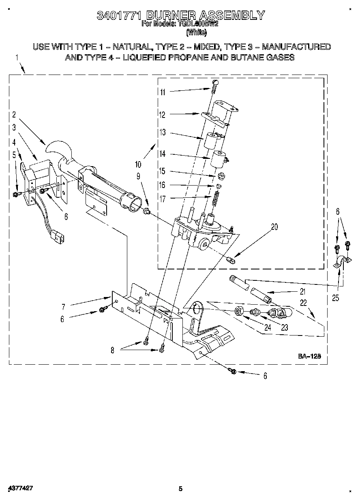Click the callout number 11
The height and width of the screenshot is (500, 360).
[162, 92]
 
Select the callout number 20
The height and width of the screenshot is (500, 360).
[274, 227]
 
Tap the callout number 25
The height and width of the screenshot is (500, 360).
[335, 299]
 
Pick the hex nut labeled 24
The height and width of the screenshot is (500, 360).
[240, 312]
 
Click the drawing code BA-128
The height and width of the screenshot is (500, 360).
[309, 356]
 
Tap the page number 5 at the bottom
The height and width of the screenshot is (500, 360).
[181, 489]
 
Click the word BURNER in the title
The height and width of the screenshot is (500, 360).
[171, 15]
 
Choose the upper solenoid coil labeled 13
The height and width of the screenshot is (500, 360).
[211, 141]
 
